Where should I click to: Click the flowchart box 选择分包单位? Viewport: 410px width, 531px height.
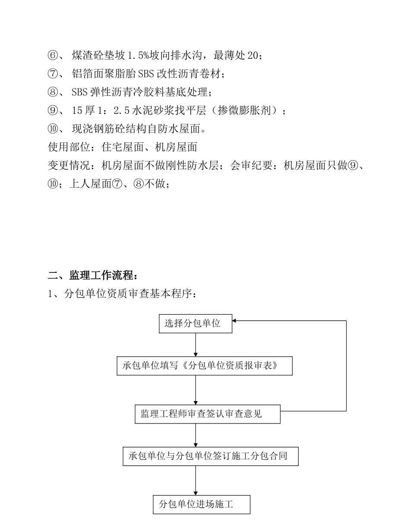coord(196,323)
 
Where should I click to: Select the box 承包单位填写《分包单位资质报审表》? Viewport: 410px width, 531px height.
coord(205,366)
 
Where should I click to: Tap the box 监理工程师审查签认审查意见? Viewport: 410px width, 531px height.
coord(208,414)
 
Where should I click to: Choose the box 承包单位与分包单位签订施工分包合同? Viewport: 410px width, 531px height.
coord(211,456)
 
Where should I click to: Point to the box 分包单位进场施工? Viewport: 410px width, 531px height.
coord(202,504)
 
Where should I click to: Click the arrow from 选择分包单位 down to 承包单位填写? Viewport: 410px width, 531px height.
coord(196,344)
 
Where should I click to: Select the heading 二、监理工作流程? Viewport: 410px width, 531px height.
coord(93,275)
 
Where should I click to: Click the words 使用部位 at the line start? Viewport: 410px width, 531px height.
coord(69,147)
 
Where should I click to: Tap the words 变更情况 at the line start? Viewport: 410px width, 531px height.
coord(69,166)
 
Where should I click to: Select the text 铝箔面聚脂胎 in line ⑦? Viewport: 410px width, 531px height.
coord(104,74)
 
